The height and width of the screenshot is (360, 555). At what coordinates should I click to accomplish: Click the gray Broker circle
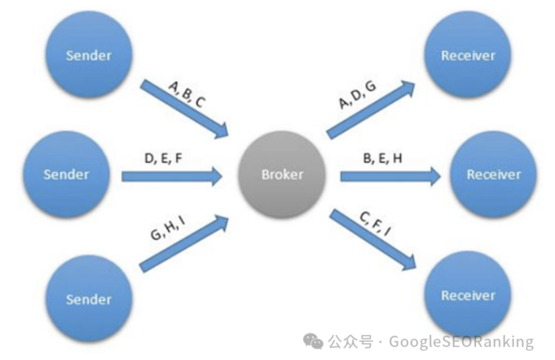click(x=282, y=174)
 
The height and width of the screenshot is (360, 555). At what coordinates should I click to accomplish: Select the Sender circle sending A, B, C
click(x=89, y=55)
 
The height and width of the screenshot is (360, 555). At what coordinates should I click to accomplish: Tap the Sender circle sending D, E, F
click(x=66, y=174)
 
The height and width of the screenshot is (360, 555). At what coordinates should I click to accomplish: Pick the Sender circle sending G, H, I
click(x=89, y=299)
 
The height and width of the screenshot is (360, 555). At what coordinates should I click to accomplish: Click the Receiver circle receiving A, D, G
click(x=468, y=55)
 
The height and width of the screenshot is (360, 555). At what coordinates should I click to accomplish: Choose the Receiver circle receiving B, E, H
click(x=494, y=174)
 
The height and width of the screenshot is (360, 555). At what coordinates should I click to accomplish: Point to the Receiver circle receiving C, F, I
click(x=468, y=295)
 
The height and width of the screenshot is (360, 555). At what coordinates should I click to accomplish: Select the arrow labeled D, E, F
click(x=171, y=176)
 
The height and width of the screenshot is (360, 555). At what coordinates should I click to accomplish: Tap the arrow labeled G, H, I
click(x=183, y=243)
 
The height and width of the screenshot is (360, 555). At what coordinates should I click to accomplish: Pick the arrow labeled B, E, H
click(x=390, y=176)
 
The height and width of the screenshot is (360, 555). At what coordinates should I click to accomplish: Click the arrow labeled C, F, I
click(x=372, y=239)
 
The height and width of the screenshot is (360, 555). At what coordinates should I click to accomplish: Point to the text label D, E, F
click(x=163, y=158)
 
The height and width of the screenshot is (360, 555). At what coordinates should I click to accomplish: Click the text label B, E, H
click(x=383, y=158)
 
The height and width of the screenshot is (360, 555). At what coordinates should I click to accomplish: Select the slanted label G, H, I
click(x=168, y=228)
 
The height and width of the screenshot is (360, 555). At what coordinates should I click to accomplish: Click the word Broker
click(x=282, y=174)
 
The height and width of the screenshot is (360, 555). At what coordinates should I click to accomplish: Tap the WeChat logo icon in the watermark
click(x=313, y=341)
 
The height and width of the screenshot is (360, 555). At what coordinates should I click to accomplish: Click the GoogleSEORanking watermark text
click(x=461, y=341)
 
